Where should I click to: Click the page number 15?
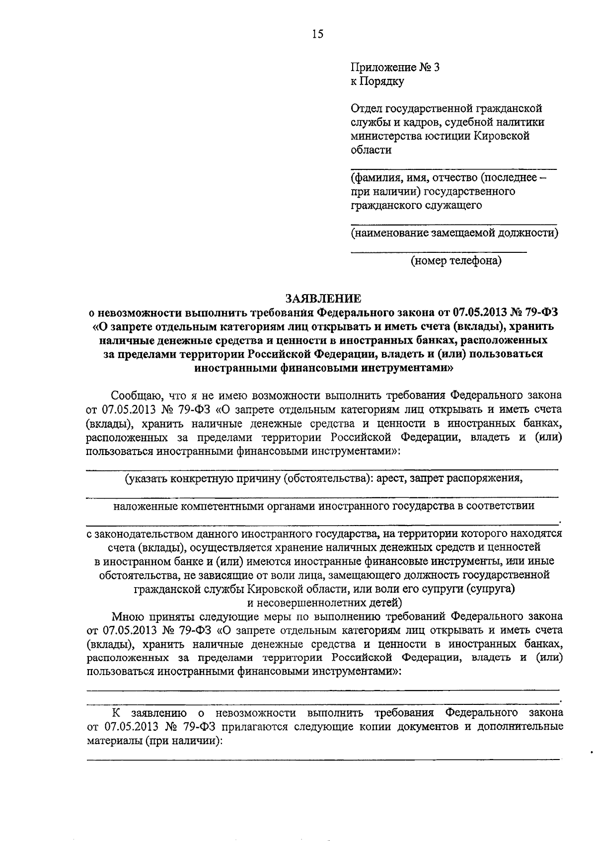click(x=318, y=34)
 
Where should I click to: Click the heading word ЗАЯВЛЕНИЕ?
click(x=323, y=298)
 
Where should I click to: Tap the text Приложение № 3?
click(x=395, y=68)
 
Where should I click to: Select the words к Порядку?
click(x=377, y=81)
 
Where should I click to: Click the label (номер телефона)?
click(x=455, y=260)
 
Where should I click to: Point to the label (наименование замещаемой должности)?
click(x=454, y=232)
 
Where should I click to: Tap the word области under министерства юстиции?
click(x=371, y=150)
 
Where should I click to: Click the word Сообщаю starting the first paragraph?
click(x=132, y=396)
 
